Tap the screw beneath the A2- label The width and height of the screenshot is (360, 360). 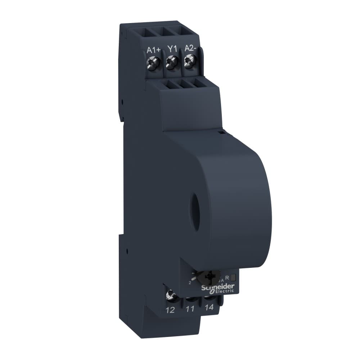188,62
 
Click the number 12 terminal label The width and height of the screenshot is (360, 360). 170,310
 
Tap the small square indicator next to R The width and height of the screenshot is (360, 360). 233,277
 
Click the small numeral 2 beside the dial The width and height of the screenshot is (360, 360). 189,283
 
